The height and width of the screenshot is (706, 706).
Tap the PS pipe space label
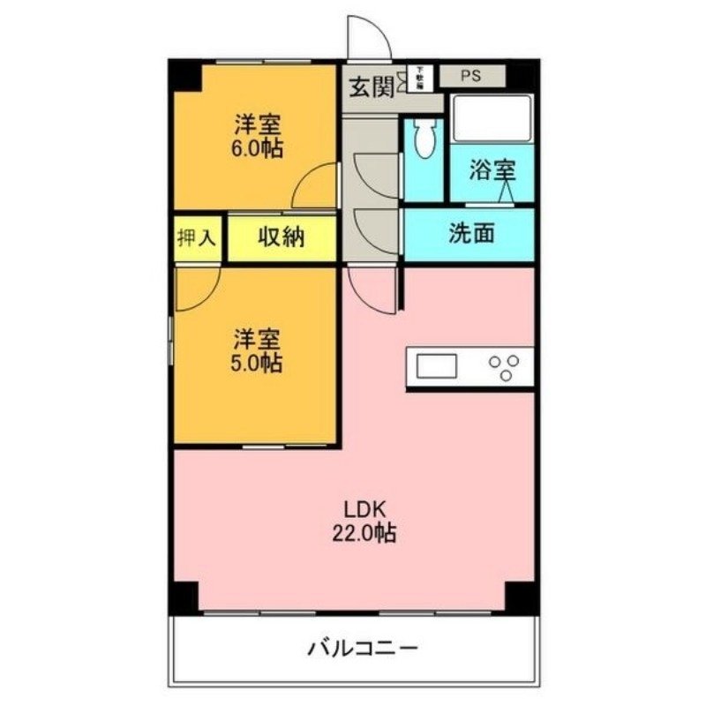[469, 75]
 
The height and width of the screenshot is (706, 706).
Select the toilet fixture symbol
[424, 139]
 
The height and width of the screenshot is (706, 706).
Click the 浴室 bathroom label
[492, 171]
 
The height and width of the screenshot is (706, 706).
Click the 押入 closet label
[197, 237]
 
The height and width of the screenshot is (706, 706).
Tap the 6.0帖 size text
[259, 147]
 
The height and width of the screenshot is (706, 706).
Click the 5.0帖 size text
[259, 362]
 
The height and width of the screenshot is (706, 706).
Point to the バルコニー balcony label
[362, 651]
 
